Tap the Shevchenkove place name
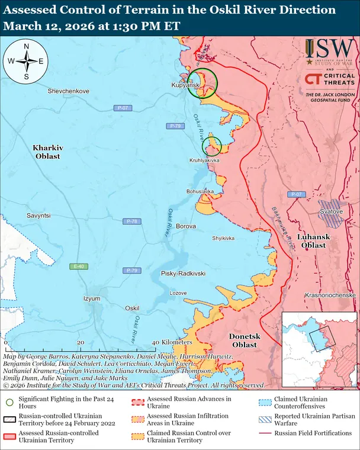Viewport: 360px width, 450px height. (x=68, y=91)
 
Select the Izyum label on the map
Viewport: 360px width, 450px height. (x=92, y=298)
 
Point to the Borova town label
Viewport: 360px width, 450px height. (x=186, y=227)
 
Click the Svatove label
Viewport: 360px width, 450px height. (x=331, y=211)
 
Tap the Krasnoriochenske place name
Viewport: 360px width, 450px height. (x=330, y=295)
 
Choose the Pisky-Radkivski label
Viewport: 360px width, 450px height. (x=183, y=274)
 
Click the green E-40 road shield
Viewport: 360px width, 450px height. (x=76, y=266)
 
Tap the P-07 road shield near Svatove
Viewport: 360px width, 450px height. (x=296, y=194)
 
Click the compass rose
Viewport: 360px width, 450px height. (x=26, y=61)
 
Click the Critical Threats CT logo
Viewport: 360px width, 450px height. (x=313, y=79)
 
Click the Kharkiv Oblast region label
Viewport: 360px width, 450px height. (x=46, y=151)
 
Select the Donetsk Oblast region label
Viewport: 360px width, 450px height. (x=244, y=340)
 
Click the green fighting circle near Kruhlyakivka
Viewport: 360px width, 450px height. (x=212, y=145)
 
